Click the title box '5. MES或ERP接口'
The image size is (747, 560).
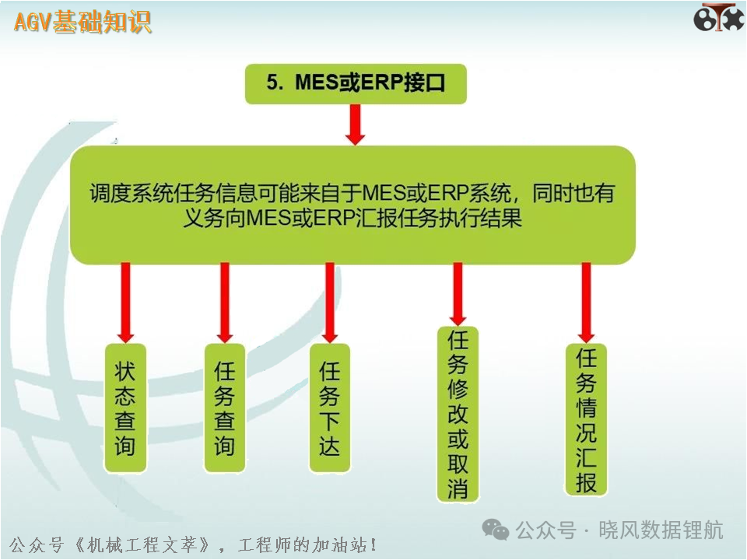click(356, 84)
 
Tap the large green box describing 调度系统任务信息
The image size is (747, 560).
click(352, 205)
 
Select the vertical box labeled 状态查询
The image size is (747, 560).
click(125, 408)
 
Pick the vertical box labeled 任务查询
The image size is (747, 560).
click(225, 408)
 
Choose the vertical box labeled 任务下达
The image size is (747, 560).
click(330, 408)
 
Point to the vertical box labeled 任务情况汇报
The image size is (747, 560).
click(586, 419)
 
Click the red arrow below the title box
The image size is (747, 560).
click(355, 124)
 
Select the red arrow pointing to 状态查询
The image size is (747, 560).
click(125, 303)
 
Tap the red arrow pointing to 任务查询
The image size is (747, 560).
click(225, 303)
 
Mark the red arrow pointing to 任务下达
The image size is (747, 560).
click(330, 303)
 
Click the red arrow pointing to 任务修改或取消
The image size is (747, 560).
click(458, 294)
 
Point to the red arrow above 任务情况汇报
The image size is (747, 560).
click(586, 303)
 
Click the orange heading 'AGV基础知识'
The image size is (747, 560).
click(82, 22)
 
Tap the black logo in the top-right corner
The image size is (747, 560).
click(718, 18)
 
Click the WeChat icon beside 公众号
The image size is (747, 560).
click(496, 530)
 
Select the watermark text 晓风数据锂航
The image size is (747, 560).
click(661, 530)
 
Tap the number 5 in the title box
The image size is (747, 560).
click(272, 82)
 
